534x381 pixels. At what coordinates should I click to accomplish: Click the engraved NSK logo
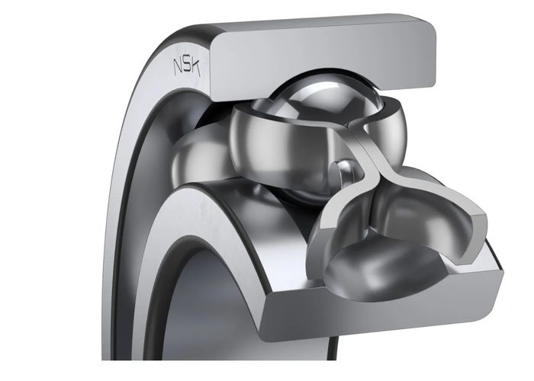pyautogui.click(x=187, y=66)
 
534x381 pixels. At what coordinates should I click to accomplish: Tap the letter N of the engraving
pyautogui.click(x=178, y=66)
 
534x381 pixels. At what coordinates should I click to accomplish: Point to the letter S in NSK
pyautogui.click(x=187, y=66)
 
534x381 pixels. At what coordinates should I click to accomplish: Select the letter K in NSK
pyautogui.click(x=195, y=67)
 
